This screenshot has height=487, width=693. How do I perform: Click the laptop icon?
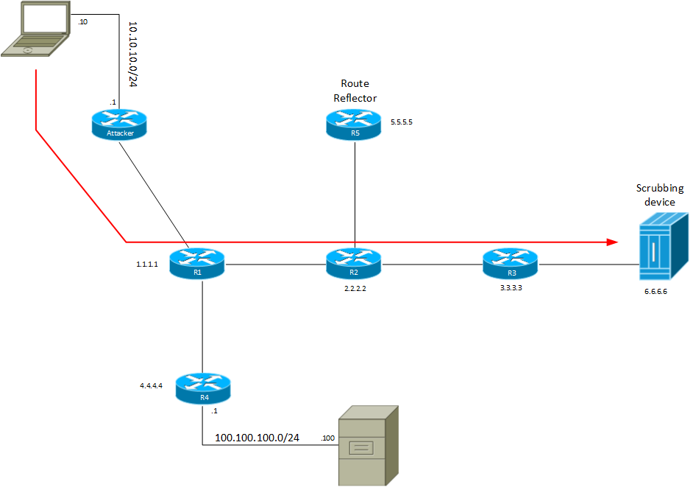pyautogui.click(x=37, y=29)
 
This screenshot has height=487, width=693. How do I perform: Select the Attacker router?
pyautogui.click(x=119, y=122)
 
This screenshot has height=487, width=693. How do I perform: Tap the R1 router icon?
pyautogui.click(x=196, y=263)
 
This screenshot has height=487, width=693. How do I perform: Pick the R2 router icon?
pyautogui.click(x=355, y=263)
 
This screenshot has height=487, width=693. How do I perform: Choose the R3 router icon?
pyautogui.click(x=511, y=263)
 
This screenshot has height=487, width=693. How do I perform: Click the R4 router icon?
pyautogui.click(x=203, y=388)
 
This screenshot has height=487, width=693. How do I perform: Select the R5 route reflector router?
pyautogui.click(x=355, y=124)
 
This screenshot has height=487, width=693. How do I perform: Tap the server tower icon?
pyautogui.click(x=368, y=445)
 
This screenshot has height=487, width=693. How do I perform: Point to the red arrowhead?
pyautogui.click(x=610, y=242)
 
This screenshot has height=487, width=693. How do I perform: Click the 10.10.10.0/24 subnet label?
pyautogui.click(x=133, y=54)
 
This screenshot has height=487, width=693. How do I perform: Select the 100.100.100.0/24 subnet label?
pyautogui.click(x=257, y=438)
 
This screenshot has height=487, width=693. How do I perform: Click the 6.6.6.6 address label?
pyautogui.click(x=657, y=292)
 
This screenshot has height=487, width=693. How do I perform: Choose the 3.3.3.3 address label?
pyautogui.click(x=511, y=290)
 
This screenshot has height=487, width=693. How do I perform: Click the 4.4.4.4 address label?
pyautogui.click(x=152, y=385)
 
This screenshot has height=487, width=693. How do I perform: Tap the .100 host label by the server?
pyautogui.click(x=328, y=439)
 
